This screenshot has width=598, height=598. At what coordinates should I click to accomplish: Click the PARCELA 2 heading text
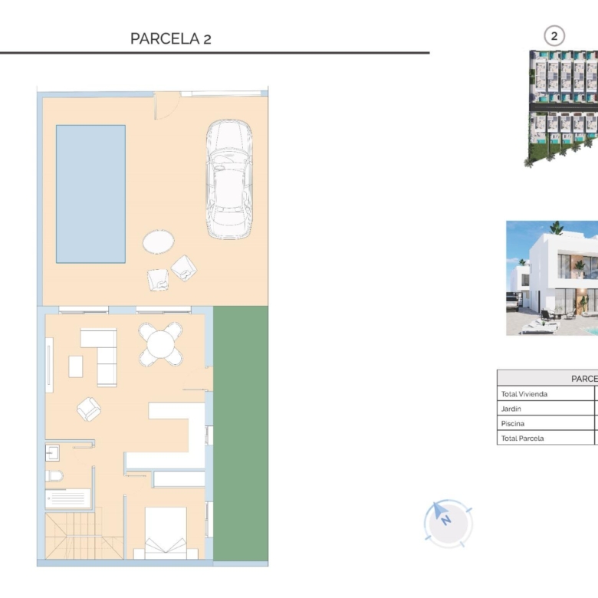click(170, 38)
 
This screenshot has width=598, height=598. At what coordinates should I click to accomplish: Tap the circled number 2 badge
click(554, 36)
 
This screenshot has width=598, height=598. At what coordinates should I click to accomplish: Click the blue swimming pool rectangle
click(90, 194)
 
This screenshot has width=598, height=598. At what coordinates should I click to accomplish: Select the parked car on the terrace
click(228, 179)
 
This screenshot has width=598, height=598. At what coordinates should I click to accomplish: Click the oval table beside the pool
click(158, 242)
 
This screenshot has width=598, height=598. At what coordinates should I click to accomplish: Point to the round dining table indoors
click(160, 344)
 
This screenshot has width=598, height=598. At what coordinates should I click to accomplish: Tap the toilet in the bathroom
click(54, 476)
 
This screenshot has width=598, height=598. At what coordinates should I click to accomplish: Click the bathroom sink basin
click(52, 452)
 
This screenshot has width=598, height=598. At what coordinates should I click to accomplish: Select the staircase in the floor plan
click(84, 535)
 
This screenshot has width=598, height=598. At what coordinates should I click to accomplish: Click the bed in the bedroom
click(166, 533)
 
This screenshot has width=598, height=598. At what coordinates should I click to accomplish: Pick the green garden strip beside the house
click(240, 433)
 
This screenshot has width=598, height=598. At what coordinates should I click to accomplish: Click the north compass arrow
click(439, 511)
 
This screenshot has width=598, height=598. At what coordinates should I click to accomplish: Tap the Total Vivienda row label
click(524, 394)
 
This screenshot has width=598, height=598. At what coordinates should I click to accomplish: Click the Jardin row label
click(511, 409)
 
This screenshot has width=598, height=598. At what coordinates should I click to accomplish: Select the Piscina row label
click(513, 424)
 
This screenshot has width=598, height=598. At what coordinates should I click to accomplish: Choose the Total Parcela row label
click(522, 439)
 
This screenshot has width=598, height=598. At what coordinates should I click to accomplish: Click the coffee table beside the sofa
click(75, 366)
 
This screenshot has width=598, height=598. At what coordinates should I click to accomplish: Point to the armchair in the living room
click(89, 409)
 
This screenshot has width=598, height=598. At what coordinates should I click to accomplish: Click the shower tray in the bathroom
click(68, 498)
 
